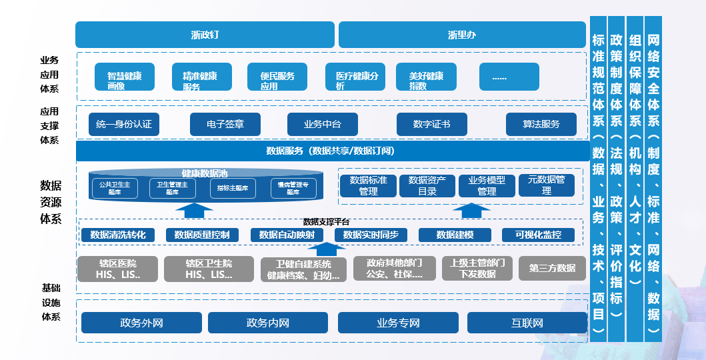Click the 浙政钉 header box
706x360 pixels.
coord(205,35)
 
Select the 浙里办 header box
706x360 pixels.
coord(462,35)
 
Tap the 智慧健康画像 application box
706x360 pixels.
coord(125,77)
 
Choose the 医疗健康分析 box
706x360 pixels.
coord(357,77)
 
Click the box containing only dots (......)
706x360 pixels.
coord(500,77)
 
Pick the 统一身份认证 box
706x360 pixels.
coord(123,124)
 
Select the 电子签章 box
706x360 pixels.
coord(225,124)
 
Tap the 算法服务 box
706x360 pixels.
coord(541,124)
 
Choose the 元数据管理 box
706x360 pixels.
coord(546,185)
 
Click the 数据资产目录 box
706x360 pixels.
coord(427,185)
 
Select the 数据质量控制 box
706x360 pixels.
coord(202,235)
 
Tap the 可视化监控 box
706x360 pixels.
coord(539,235)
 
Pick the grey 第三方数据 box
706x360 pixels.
coord(552,268)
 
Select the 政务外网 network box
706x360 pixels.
coord(142,323)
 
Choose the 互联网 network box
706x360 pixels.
coord(527,323)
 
